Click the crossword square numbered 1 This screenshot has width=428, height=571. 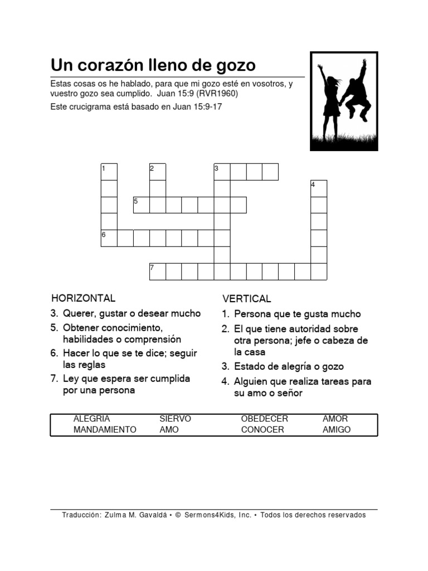click(109, 172)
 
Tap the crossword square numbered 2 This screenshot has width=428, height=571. click(158, 172)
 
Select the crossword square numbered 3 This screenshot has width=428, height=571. click(222, 172)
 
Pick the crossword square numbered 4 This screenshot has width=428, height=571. click(319, 188)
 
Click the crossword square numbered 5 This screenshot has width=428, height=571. click(141, 205)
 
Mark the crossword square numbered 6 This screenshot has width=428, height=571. click(109, 238)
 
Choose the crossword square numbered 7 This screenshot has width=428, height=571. click(158, 271)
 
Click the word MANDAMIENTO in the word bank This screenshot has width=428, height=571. click(105, 430)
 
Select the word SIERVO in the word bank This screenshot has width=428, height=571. click(175, 419)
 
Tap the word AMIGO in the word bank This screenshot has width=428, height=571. click(337, 430)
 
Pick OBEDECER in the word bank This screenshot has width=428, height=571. click(265, 419)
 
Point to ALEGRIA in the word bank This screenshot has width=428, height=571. click(91, 419)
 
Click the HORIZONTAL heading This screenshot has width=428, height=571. click(83, 298)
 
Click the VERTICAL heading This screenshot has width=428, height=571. click(247, 299)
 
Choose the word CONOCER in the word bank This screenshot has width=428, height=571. click(262, 430)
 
